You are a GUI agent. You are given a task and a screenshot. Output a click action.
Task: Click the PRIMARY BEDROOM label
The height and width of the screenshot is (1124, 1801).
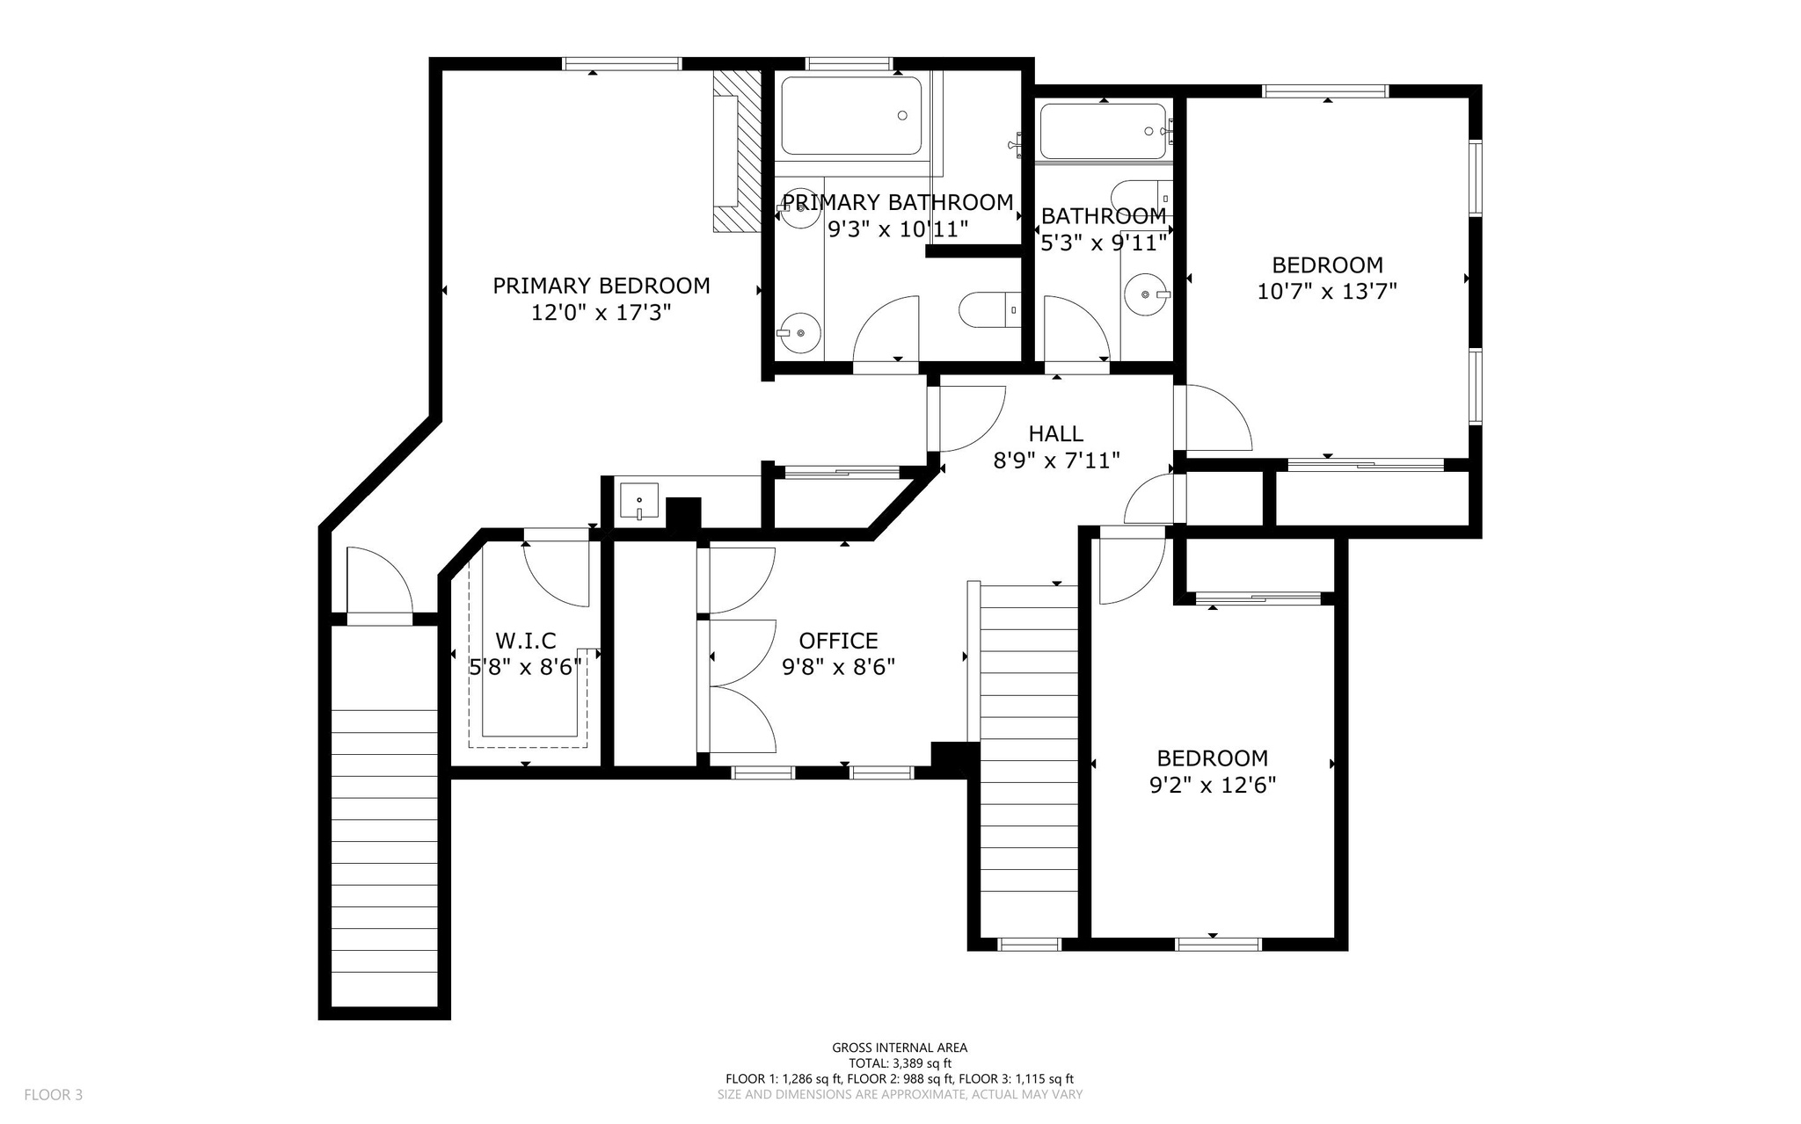[601, 286]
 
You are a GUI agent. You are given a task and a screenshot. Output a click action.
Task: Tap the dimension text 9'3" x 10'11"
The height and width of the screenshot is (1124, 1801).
[898, 229]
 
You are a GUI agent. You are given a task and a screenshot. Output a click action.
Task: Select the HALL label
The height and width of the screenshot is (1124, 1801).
[1055, 433]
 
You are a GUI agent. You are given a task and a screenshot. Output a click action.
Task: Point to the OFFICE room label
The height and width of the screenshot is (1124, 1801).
[838, 641]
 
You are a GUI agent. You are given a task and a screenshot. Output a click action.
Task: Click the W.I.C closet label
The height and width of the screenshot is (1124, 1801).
[525, 641]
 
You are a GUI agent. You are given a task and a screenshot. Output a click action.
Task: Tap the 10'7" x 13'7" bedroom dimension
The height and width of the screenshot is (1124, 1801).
[1327, 291]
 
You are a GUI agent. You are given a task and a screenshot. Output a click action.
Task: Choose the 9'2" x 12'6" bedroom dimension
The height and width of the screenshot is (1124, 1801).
[1212, 785]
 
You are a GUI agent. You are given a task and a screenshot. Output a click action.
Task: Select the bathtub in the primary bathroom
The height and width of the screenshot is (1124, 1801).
[850, 116]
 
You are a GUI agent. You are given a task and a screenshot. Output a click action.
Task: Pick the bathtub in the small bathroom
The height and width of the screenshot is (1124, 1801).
[1102, 131]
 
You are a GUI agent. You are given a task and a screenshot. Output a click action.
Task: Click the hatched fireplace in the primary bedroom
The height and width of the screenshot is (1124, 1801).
[736, 151]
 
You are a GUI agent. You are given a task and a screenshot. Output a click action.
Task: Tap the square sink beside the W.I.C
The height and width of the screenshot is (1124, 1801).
[638, 501]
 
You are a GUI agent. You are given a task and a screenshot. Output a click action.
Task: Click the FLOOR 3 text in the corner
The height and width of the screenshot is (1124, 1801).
[53, 1095]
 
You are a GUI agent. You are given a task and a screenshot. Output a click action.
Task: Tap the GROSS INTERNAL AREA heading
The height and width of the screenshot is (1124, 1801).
[900, 1048]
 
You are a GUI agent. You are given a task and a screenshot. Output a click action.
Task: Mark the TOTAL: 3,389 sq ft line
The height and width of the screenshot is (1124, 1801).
[900, 1062]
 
